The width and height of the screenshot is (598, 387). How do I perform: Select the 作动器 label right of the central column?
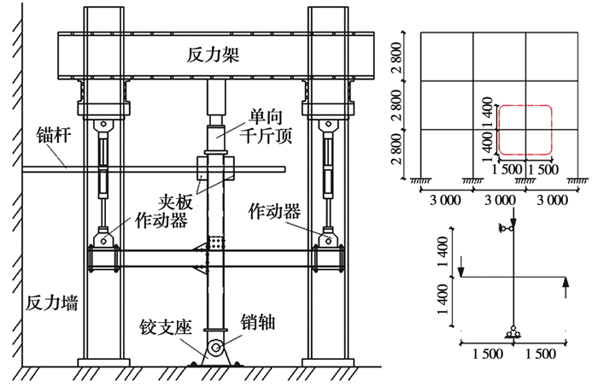274,208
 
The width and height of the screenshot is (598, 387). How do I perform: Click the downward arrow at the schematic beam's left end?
460,266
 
